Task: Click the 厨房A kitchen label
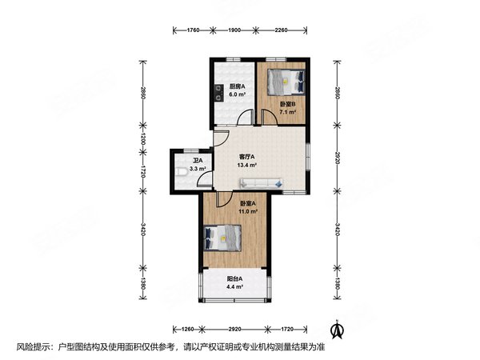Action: point(238,86)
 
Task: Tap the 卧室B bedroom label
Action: point(288,104)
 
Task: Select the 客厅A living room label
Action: point(247,157)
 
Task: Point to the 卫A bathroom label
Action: point(198,161)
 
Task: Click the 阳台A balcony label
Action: point(234,279)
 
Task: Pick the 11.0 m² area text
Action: point(248,211)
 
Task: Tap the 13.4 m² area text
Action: point(246,166)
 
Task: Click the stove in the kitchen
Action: point(218,93)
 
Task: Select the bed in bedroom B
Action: point(286,82)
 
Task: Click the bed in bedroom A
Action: point(222,238)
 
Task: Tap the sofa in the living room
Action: point(261,183)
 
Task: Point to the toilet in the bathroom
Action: point(182,172)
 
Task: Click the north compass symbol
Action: point(338,329)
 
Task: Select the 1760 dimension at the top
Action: point(193,30)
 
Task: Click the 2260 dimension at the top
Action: point(281,30)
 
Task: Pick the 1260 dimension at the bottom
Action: point(188,330)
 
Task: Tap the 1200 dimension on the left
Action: point(143,138)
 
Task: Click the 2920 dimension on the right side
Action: point(337,158)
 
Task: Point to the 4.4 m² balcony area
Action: point(234,287)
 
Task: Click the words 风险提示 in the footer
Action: point(33,347)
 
